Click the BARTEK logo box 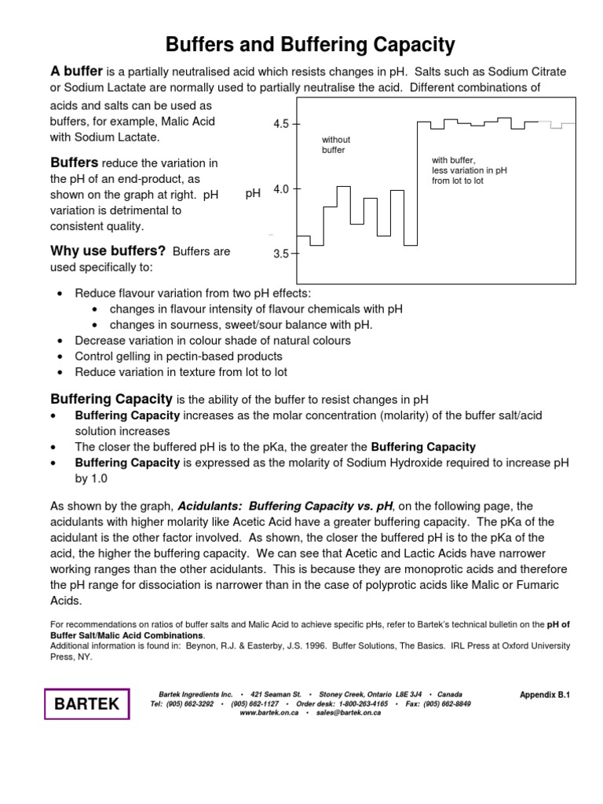[86, 703]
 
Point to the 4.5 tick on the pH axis [281, 124]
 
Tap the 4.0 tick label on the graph [281, 189]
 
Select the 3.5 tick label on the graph [281, 254]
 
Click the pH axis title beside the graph [252, 193]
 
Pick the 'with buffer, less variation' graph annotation [469, 170]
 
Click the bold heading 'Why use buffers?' [108, 251]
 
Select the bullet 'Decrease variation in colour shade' [212, 340]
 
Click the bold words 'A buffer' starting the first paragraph [77, 71]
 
